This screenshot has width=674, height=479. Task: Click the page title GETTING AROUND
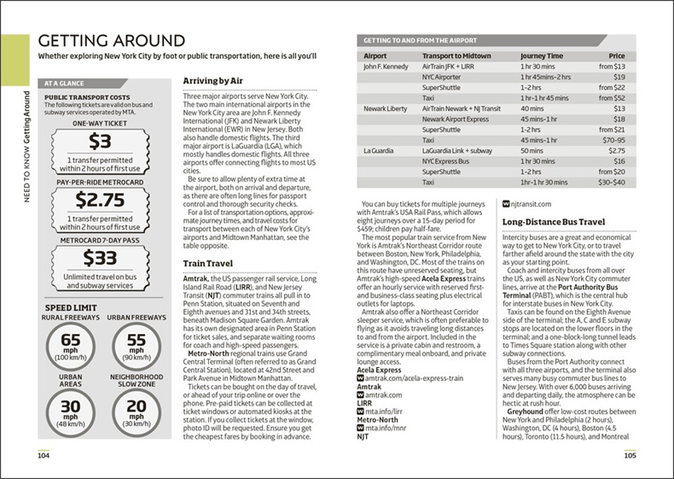(111, 42)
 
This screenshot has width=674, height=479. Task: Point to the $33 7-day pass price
(100, 259)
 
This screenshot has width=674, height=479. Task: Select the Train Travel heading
(210, 265)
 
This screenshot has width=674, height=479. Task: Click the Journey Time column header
(543, 55)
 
